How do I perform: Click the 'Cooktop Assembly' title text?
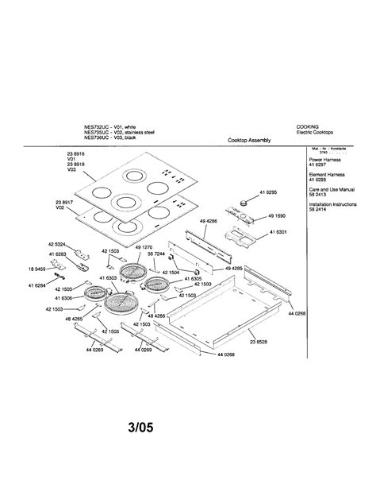click(x=249, y=140)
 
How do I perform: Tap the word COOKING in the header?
click(x=308, y=126)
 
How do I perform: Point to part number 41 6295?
click(x=270, y=192)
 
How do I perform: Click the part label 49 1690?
click(x=277, y=216)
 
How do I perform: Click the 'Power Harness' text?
click(x=324, y=160)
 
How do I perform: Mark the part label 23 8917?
click(x=64, y=203)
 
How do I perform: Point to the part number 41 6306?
click(x=62, y=297)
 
